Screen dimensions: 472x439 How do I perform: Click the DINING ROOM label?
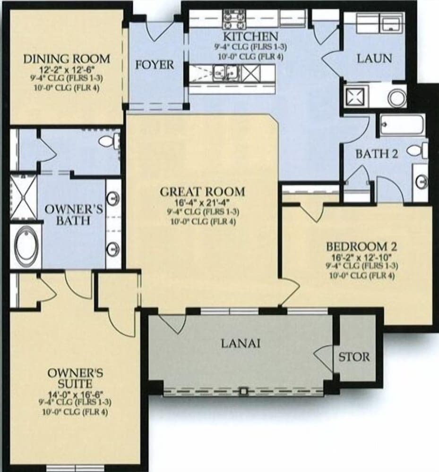point(66,59)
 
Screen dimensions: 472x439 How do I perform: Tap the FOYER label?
point(155,65)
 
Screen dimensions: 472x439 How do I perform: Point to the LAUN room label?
point(374,59)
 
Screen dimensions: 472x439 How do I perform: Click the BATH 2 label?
point(377,154)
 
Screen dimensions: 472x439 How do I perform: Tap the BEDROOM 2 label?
point(362,246)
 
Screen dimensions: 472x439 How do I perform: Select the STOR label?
point(354,357)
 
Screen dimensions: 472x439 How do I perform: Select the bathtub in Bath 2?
point(402,124)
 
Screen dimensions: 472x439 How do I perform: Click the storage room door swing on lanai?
point(325,357)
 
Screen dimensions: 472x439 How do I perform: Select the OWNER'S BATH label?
point(74,215)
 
